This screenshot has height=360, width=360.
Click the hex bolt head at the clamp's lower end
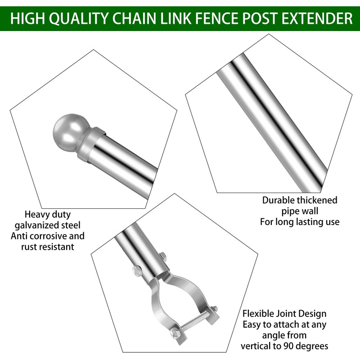(175, 333)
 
